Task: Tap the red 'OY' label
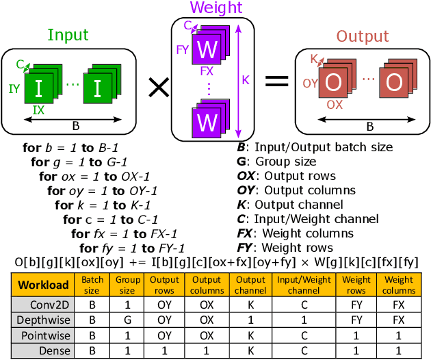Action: click(311, 83)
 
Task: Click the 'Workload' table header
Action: click(43, 285)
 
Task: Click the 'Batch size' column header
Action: click(92, 285)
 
